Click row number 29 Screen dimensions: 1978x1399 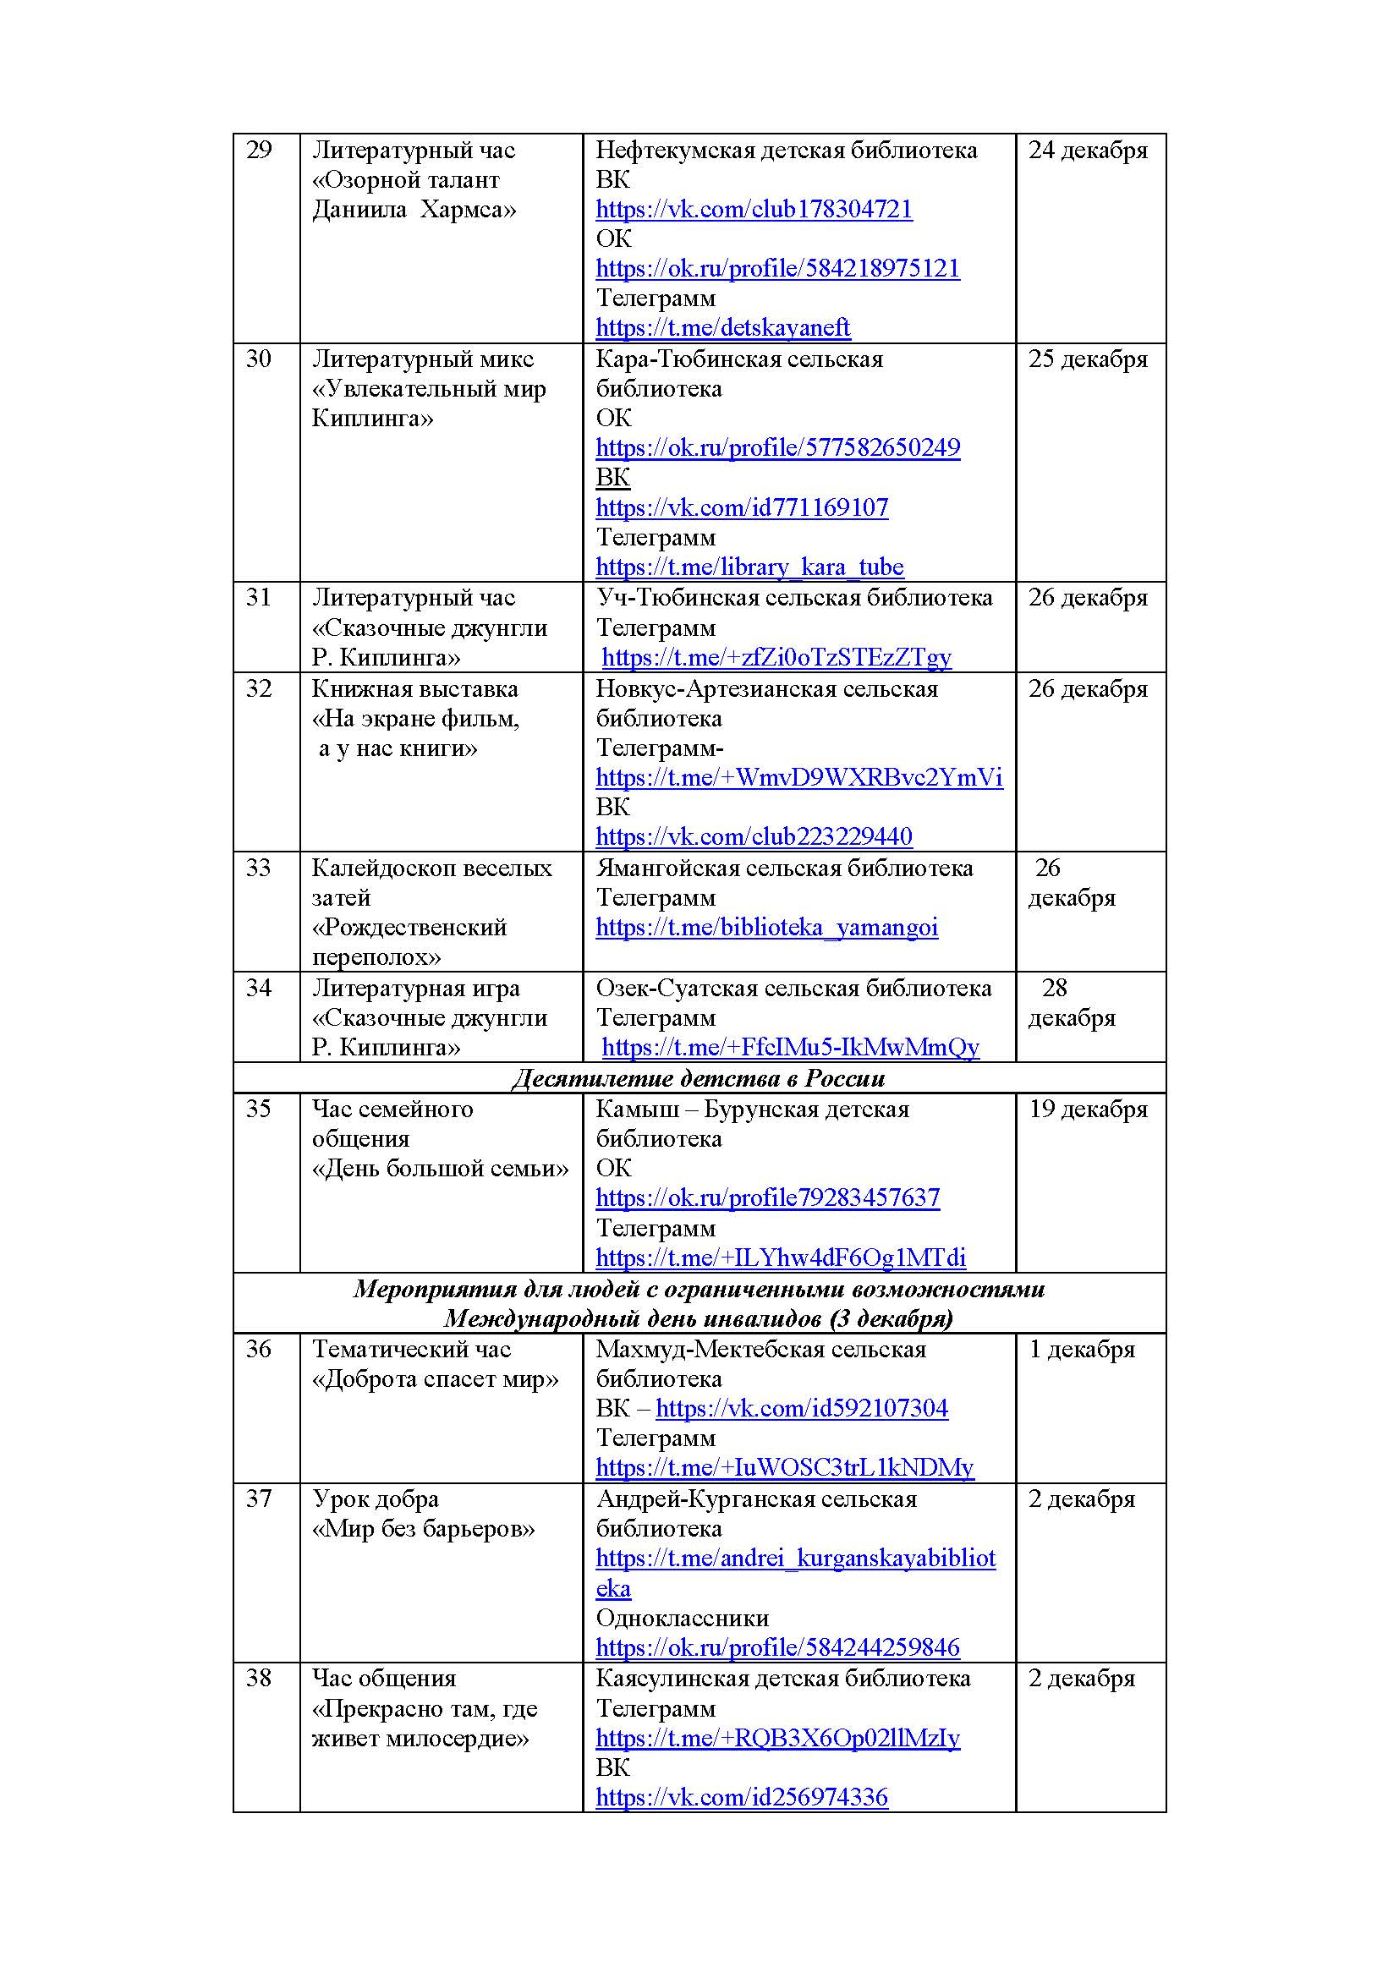(x=260, y=151)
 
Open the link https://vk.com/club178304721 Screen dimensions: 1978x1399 (x=754, y=210)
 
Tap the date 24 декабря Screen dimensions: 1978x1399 (x=1088, y=151)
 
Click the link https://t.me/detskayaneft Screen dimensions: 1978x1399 (x=722, y=328)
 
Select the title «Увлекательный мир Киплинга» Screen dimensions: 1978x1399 (x=429, y=404)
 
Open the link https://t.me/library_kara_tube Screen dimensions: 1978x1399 (x=749, y=567)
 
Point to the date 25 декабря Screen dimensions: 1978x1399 (x=1088, y=359)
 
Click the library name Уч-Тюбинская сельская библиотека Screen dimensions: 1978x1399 (x=794, y=598)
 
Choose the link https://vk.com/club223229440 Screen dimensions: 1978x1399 (x=754, y=836)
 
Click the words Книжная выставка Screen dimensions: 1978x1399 (x=415, y=689)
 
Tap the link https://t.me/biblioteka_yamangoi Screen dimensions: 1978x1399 (x=766, y=928)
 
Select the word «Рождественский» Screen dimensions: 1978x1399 (x=409, y=928)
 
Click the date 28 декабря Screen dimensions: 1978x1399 (x=1071, y=1003)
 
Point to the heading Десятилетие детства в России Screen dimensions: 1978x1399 (x=699, y=1078)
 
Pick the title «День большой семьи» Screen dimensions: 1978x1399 (x=440, y=1169)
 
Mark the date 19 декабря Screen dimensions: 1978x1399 (x=1088, y=1110)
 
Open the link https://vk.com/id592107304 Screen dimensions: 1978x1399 (x=801, y=1409)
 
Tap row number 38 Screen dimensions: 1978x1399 (x=260, y=1678)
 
